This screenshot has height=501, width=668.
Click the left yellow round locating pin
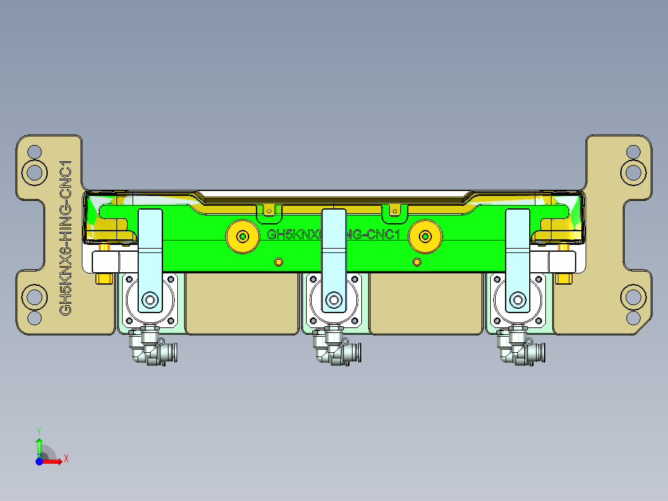point(243,236)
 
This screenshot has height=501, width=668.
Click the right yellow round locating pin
point(425,236)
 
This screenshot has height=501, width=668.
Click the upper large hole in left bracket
point(35,171)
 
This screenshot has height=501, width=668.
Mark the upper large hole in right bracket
point(633,171)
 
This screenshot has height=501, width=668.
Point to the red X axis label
point(66,459)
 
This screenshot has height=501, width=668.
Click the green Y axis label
point(38,430)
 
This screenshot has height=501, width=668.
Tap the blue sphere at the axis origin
point(39,461)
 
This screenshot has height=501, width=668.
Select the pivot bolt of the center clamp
point(333,301)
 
